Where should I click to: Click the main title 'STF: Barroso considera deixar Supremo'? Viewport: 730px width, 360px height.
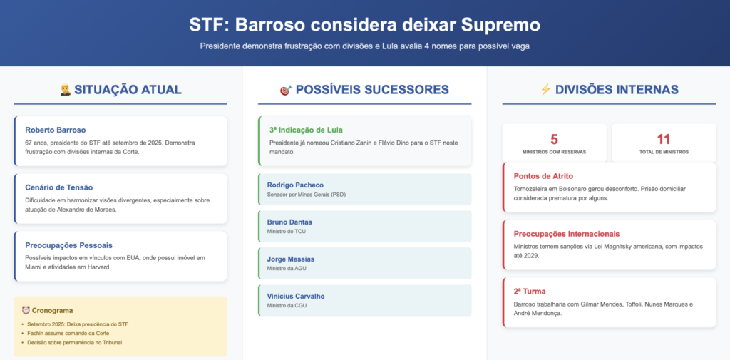click(364, 25)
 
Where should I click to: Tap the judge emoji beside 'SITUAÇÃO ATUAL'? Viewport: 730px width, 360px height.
click(65, 89)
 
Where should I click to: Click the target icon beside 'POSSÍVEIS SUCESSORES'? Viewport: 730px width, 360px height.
click(286, 90)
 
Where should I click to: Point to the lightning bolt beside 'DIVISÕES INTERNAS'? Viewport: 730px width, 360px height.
click(545, 89)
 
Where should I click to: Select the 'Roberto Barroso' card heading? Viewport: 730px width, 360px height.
click(56, 130)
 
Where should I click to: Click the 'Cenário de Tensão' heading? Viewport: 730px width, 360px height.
click(59, 187)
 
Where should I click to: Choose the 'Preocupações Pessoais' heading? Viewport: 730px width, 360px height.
click(69, 245)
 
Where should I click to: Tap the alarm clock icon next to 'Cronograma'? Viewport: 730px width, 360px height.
click(26, 310)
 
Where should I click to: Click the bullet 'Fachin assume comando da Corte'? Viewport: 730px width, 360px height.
click(68, 334)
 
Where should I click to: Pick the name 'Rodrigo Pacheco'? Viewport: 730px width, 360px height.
click(295, 185)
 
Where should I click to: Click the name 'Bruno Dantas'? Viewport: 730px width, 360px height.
click(289, 222)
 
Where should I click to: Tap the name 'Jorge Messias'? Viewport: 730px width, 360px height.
click(291, 259)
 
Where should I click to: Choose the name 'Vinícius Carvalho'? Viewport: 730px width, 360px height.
click(296, 296)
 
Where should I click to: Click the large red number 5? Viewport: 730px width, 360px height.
click(554, 139)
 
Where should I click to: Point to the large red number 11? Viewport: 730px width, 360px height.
click(664, 139)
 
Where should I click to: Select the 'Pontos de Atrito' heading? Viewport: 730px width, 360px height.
click(543, 176)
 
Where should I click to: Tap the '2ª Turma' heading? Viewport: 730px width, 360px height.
click(530, 292)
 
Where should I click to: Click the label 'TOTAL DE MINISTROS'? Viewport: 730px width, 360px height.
click(664, 152)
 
